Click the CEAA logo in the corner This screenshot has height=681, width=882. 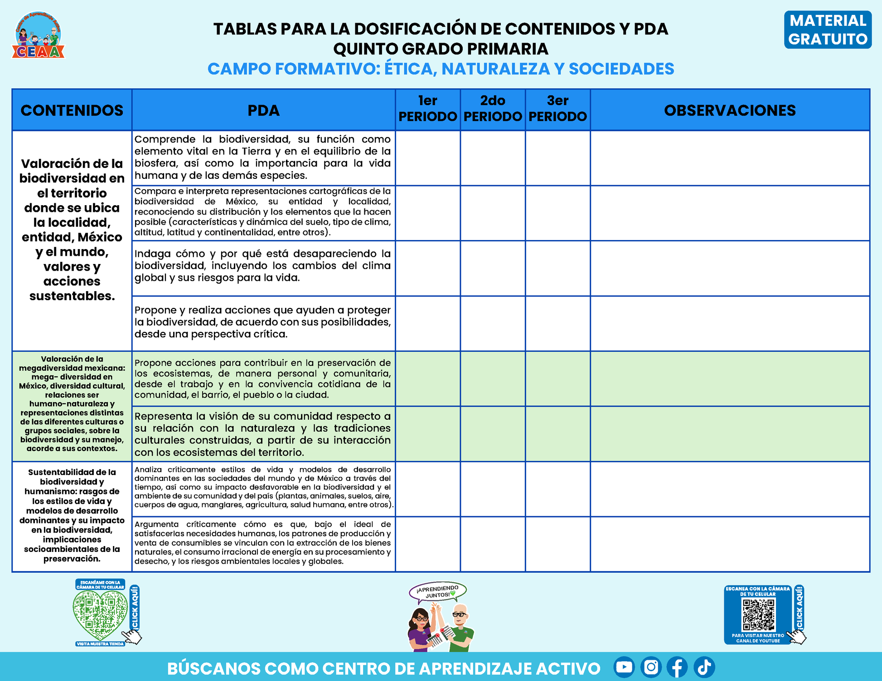click(x=38, y=36)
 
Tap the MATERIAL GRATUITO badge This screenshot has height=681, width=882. click(x=828, y=30)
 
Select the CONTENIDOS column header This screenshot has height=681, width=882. click(x=72, y=110)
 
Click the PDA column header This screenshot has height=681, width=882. click(x=263, y=110)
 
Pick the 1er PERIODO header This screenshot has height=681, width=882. click(x=427, y=109)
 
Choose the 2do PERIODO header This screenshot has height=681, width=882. click(x=493, y=109)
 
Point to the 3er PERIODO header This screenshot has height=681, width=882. click(x=557, y=109)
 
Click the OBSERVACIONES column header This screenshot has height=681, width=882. click(x=730, y=110)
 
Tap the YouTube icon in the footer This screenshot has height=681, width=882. click(x=624, y=667)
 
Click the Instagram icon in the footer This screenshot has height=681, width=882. click(x=651, y=667)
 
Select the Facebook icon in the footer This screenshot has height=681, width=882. click(x=677, y=667)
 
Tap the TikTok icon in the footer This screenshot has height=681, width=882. click(x=704, y=667)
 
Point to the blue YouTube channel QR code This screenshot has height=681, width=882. click(x=758, y=615)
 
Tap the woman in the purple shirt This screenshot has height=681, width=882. click(x=421, y=629)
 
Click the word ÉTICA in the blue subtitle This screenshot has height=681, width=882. click(x=410, y=69)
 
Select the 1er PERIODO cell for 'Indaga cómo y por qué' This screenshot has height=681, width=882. click(x=427, y=268)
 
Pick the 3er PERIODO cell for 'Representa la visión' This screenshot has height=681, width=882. click(x=557, y=434)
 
